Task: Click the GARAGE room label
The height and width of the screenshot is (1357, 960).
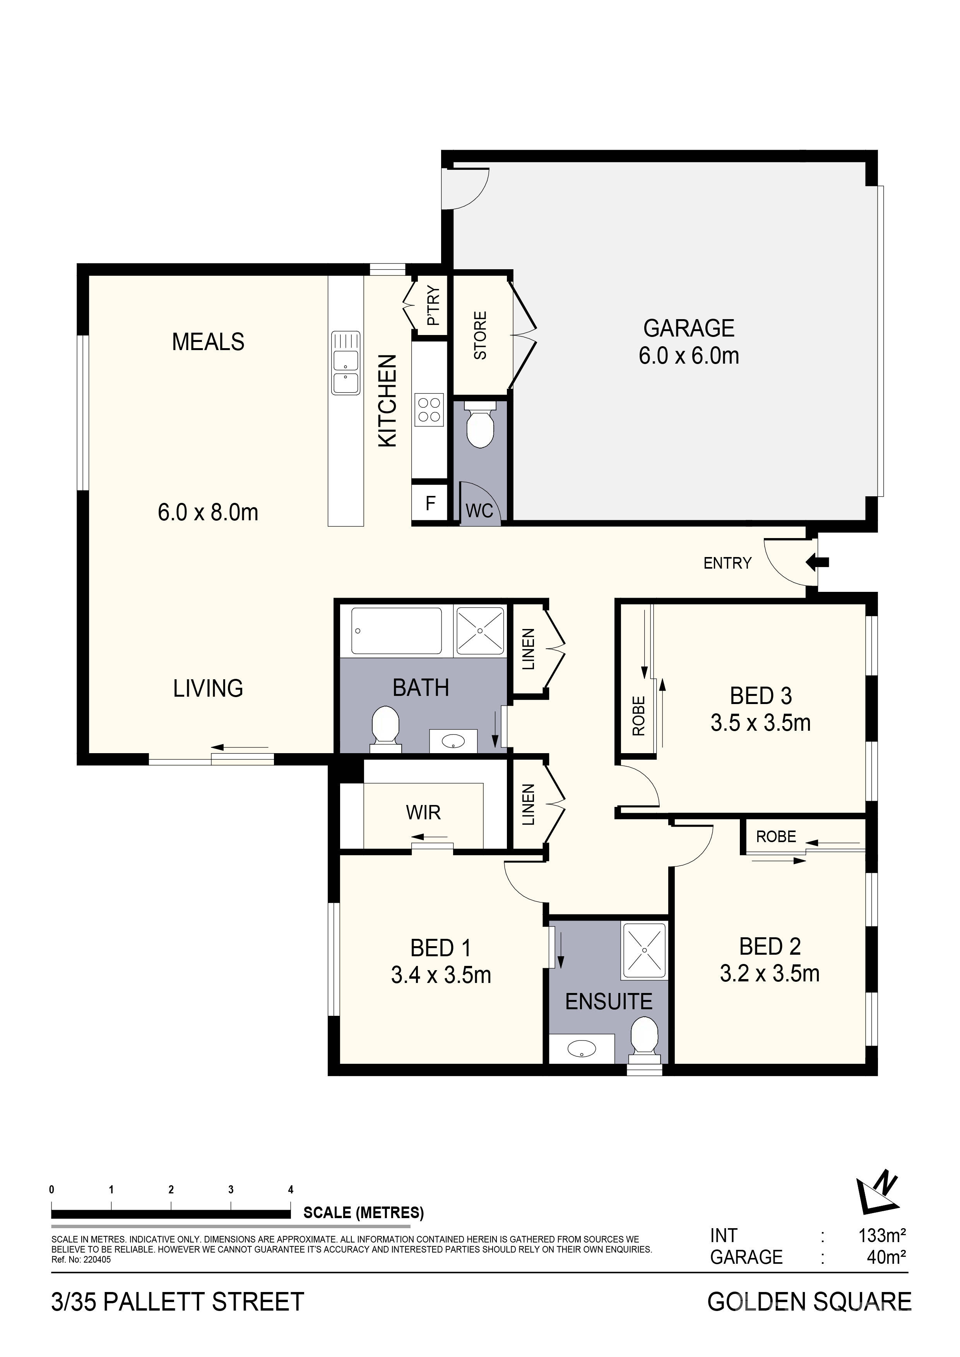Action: click(689, 328)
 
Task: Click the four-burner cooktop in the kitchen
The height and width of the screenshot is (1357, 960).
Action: click(429, 409)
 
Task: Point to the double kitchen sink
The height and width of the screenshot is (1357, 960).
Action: click(346, 363)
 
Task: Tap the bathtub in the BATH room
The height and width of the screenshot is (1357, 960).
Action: click(397, 631)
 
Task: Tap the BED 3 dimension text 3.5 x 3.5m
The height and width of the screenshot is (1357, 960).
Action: click(760, 723)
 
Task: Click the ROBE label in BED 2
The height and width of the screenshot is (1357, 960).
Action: click(776, 836)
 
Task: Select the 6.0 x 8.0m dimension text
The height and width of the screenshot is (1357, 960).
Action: click(208, 512)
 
